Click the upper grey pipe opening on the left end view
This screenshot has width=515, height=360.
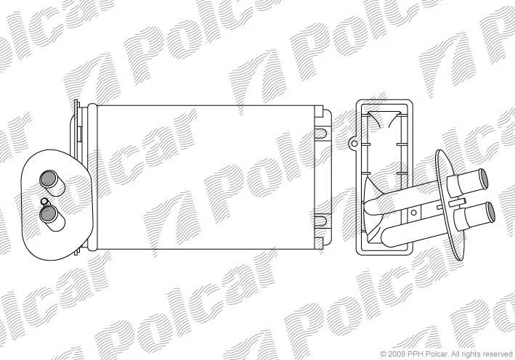pyautogui.click(x=48, y=179)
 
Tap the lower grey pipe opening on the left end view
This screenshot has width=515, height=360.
pyautogui.click(x=48, y=214)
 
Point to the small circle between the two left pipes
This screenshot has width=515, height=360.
pyautogui.click(x=44, y=201)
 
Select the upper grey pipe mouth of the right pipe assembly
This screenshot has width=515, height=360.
pyautogui.click(x=483, y=179)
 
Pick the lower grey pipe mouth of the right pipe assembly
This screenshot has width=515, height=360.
pyautogui.click(x=490, y=212)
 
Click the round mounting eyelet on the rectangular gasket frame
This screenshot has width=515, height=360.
pyautogui.click(x=354, y=143)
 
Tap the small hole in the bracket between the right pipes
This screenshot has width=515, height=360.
pyautogui.click(x=414, y=213)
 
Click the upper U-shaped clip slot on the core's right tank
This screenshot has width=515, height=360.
pyautogui.click(x=320, y=134)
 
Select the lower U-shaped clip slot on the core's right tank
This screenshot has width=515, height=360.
pyautogui.click(x=320, y=221)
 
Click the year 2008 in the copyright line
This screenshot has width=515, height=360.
pyautogui.click(x=397, y=354)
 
